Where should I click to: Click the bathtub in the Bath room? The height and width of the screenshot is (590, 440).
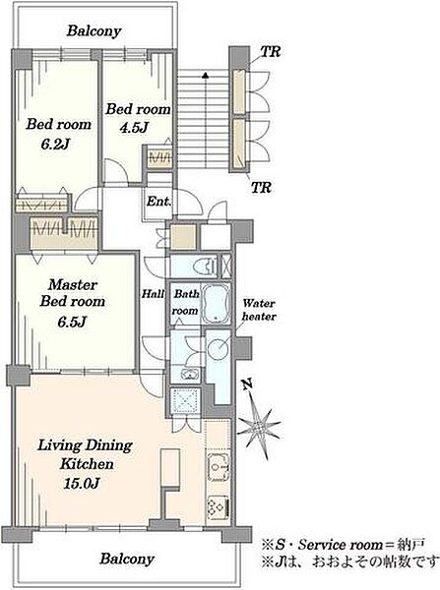pos(216,304)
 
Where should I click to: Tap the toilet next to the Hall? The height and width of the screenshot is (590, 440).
pos(205,266)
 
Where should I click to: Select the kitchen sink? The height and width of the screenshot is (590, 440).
pos(219,467)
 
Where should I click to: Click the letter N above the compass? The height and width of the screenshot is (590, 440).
pos(247,384)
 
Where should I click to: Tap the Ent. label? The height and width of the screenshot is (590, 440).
pos(158,202)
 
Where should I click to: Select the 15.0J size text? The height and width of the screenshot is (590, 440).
pos(82,483)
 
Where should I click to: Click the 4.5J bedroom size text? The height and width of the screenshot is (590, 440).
pos(133,128)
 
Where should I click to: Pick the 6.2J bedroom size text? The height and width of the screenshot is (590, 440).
pos(55,144)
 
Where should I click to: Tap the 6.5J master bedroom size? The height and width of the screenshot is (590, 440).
pos(72,322)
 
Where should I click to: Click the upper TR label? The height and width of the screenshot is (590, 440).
pos(271,51)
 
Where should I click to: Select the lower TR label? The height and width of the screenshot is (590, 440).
pos(261,187)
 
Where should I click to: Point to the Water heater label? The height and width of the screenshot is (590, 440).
pos(259,310)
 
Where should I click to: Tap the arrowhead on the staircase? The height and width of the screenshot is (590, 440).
pos(206,75)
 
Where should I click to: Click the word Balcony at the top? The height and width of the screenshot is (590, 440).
pos(94,30)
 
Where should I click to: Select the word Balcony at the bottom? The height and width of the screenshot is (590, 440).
pos(127,559)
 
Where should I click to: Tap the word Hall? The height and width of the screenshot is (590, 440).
pos(153,293)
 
